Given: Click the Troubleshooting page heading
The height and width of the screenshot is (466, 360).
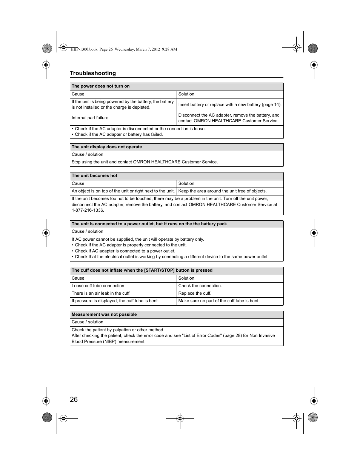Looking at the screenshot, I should pyautogui.click(x=93, y=73).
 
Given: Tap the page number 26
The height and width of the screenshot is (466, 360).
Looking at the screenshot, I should pyautogui.click(x=74, y=399).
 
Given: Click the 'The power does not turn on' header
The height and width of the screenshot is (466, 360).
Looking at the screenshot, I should pyautogui.click(x=100, y=86).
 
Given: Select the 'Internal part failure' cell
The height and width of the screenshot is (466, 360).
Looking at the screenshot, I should pyautogui.click(x=90, y=118).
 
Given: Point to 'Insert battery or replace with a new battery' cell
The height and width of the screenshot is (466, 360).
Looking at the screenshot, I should pyautogui.click(x=230, y=105).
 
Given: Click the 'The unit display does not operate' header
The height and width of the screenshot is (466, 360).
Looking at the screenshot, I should pyautogui.click(x=107, y=147).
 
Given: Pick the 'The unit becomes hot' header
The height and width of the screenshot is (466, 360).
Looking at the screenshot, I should pyautogui.click(x=94, y=175).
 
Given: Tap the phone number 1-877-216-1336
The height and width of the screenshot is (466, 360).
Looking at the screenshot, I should pyautogui.click(x=88, y=210).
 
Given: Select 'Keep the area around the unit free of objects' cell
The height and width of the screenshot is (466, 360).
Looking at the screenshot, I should pyautogui.click(x=222, y=191).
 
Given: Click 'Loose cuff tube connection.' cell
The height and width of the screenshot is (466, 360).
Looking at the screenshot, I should pyautogui.click(x=98, y=286).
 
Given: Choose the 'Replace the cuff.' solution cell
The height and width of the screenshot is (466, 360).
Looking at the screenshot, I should pyautogui.click(x=195, y=293).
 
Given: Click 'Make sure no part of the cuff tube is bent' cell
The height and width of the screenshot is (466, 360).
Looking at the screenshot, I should pyautogui.click(x=219, y=301).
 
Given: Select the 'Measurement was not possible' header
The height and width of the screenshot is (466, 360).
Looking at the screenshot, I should pyautogui.click(x=104, y=314).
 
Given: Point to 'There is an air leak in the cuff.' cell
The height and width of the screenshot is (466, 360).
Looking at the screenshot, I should pyautogui.click(x=101, y=293).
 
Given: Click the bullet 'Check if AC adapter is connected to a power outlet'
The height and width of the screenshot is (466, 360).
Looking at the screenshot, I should pyautogui.click(x=125, y=251).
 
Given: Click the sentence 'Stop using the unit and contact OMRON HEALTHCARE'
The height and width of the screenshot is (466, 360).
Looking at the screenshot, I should pyautogui.click(x=145, y=162).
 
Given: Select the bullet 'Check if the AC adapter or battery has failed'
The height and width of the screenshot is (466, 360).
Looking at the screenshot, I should pyautogui.click(x=118, y=134).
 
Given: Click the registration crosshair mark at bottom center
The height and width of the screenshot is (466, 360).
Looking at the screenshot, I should pyautogui.click(x=180, y=418).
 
